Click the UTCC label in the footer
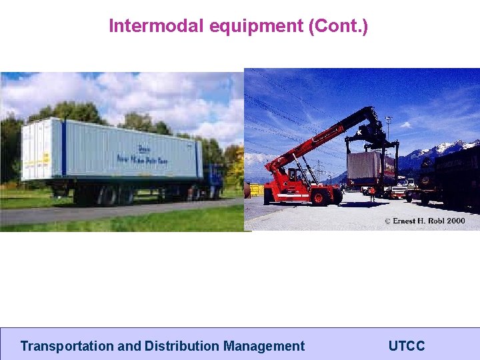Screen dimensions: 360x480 [406, 346]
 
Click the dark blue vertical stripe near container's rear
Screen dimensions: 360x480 [63, 148]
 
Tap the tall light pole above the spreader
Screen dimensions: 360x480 [388, 127]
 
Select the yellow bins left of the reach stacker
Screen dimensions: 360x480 [255, 189]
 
